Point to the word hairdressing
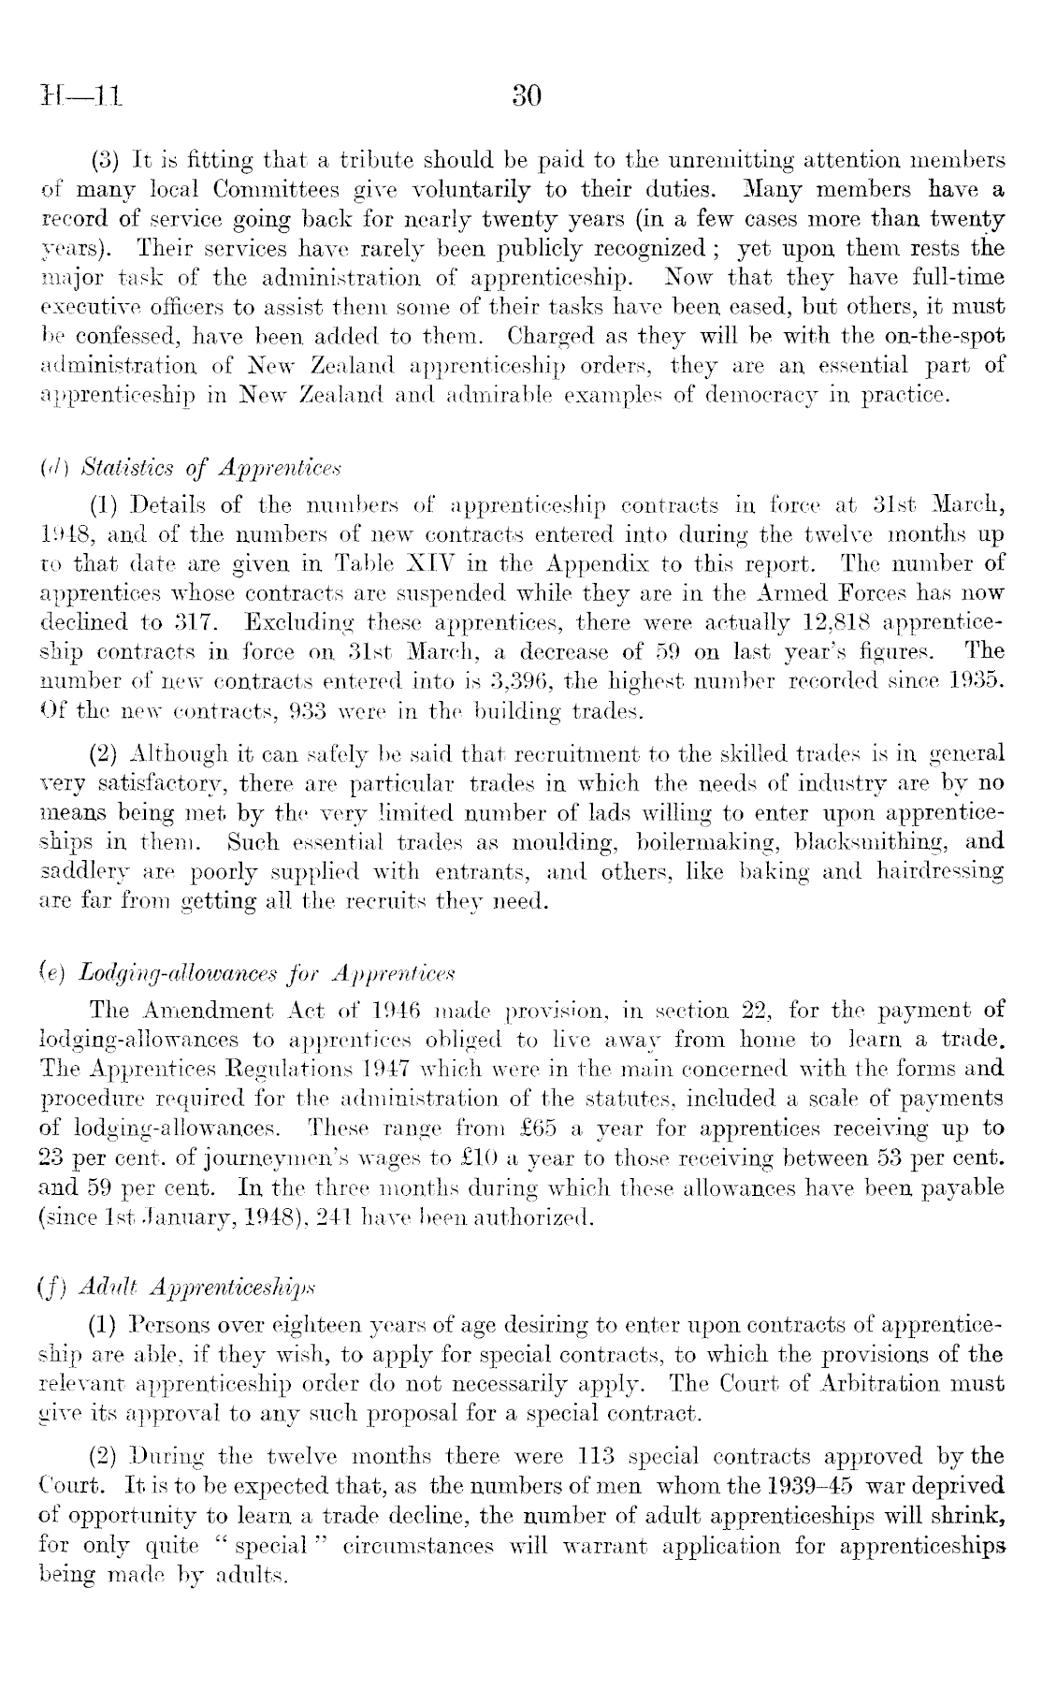pyautogui.click(x=940, y=870)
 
